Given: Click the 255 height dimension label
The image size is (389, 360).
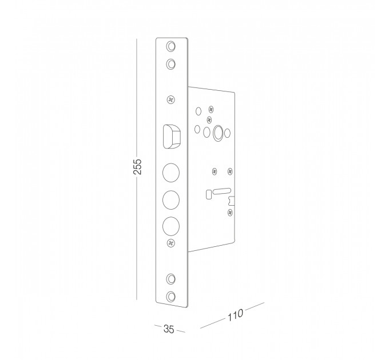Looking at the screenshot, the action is pos(137,166).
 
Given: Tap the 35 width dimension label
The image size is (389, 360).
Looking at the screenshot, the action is pos(169,329).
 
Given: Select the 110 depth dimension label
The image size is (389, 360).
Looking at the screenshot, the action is pos(235,315).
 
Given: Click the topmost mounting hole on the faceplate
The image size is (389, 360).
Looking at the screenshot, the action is pos(170,46).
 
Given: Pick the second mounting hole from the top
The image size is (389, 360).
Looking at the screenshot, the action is pos(170,64).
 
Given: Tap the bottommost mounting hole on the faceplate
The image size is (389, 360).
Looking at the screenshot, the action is pos(170,297).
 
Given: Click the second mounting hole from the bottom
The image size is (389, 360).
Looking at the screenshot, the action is pos(170,279).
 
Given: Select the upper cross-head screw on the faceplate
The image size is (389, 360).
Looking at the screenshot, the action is pos(170,99).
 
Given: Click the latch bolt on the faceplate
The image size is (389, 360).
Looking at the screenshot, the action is pos(172,137).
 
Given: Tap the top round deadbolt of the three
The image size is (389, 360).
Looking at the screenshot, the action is pos(171,173).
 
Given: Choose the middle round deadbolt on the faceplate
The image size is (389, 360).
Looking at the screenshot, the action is pos(171,199).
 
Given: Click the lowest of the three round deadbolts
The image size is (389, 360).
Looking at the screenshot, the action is pos(171,226).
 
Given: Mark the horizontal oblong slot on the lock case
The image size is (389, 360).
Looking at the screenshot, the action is pos(222,191).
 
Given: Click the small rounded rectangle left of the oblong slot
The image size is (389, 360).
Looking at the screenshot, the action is pos(209,194).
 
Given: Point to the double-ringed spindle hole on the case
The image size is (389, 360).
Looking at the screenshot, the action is pos(217,133).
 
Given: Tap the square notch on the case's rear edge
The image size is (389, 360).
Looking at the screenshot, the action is pos(232,201).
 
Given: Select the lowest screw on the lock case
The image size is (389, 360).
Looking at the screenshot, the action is pos(230,213).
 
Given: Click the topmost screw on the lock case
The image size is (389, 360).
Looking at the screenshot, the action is pos(211,109).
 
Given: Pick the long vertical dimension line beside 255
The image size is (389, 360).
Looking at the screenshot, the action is pos(137,169).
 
